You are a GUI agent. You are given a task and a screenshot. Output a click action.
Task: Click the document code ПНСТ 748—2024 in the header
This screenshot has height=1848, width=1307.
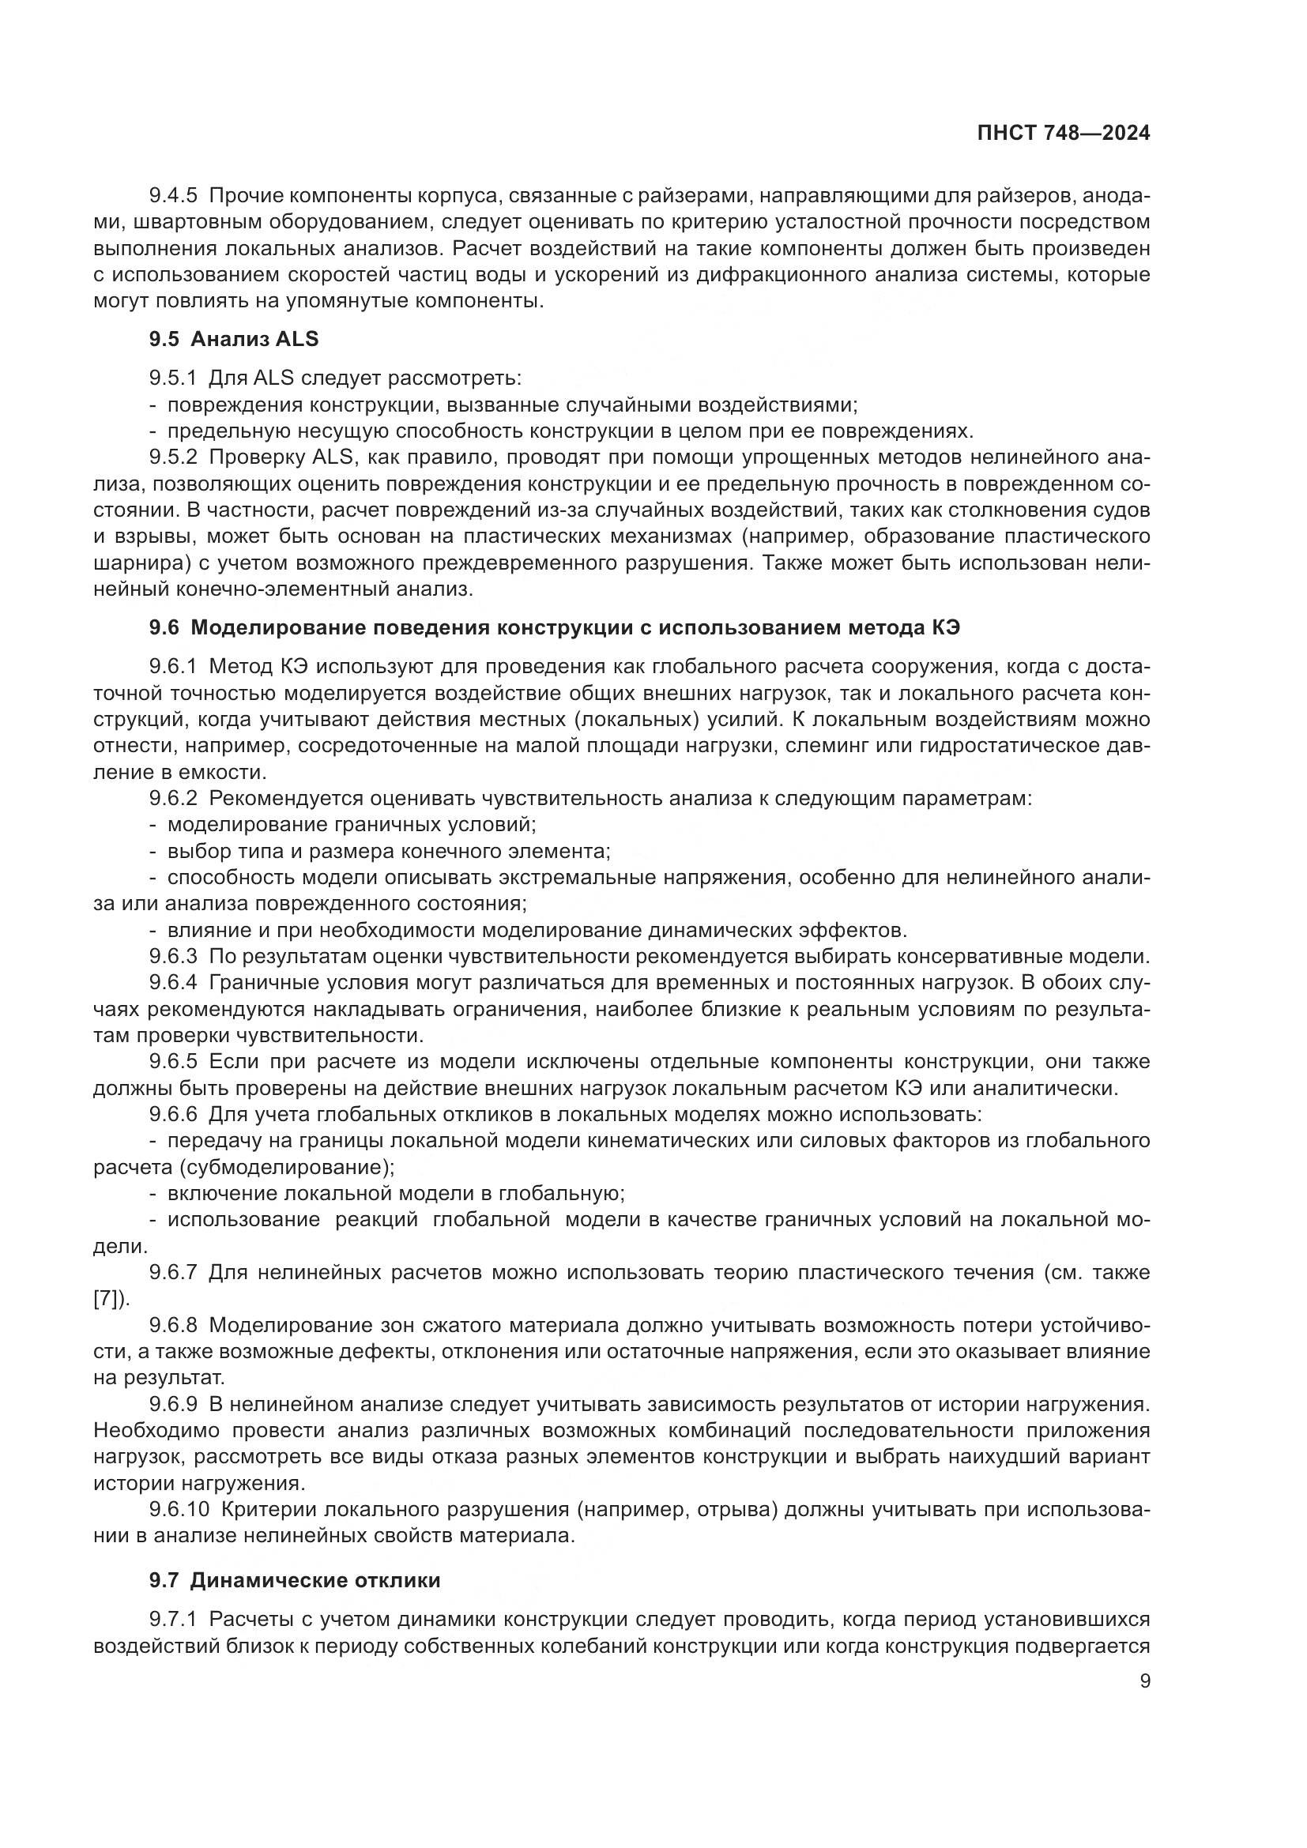(1063, 134)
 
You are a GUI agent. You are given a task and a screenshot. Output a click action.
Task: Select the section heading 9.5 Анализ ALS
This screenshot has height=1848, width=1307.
(233, 339)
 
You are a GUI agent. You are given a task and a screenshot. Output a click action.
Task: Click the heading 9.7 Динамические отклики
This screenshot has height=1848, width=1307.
(295, 1580)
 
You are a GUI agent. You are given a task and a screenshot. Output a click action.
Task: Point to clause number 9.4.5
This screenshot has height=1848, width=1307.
(173, 196)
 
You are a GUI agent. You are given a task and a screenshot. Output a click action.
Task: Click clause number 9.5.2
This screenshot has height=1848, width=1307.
(173, 457)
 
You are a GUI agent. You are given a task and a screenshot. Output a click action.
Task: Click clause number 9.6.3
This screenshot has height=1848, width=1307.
(173, 956)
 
